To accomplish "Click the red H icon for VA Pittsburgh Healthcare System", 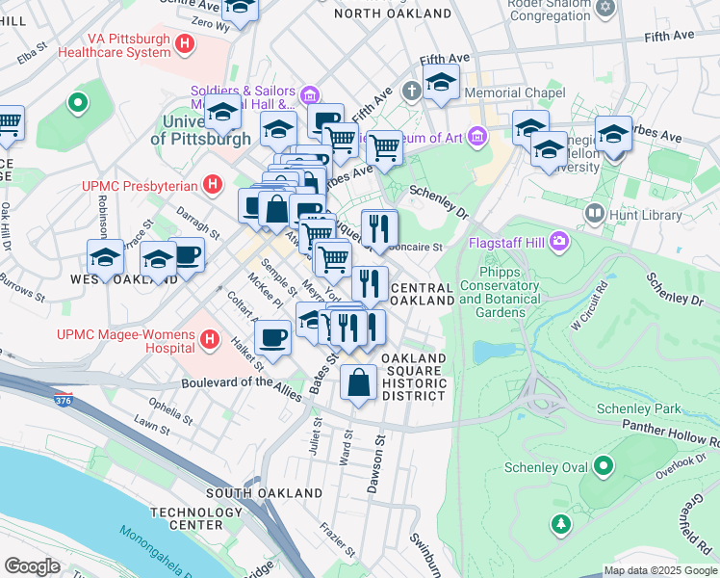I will pyautogui.click(x=186, y=43).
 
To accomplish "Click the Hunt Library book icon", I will pyautogui.click(x=596, y=212).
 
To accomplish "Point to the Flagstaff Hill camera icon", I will pyautogui.click(x=557, y=244).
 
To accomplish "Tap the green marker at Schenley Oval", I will pyautogui.click(x=603, y=468).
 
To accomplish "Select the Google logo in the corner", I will pyautogui.click(x=32, y=566).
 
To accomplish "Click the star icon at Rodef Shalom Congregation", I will pyautogui.click(x=604, y=8).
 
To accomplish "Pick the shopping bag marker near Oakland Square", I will pyautogui.click(x=358, y=382).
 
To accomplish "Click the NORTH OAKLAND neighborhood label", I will pyautogui.click(x=392, y=14).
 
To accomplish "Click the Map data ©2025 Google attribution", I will pyautogui.click(x=660, y=570).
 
